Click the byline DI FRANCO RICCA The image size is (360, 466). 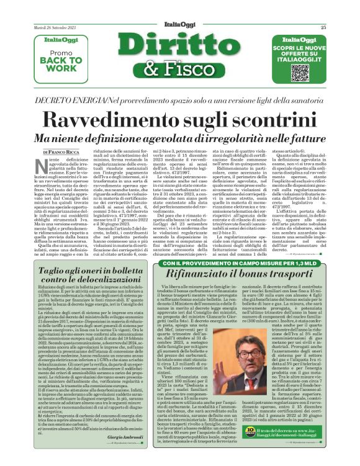point(62,152)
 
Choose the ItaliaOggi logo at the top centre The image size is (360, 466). point(180,25)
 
